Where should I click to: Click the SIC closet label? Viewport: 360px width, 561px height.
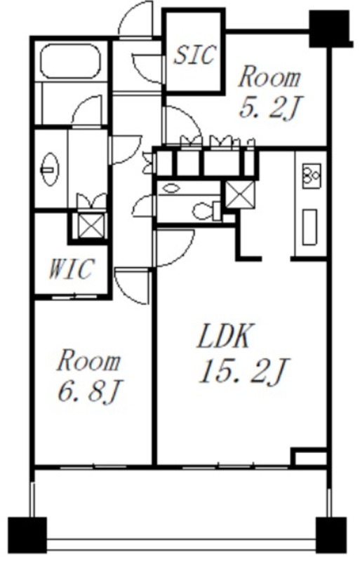coord(195,55)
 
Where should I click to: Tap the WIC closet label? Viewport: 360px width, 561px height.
coord(72,269)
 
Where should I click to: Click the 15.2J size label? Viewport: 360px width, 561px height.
coord(244,371)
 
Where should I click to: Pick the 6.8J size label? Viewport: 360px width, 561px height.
coord(90,391)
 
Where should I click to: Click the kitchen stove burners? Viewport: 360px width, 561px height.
coord(312,176)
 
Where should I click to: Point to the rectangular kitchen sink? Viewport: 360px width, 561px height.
coord(309,227)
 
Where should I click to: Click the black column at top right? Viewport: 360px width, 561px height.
coord(330,29)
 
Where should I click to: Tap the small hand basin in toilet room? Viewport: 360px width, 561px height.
coord(172,188)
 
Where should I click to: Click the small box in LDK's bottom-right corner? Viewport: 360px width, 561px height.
coord(310,457)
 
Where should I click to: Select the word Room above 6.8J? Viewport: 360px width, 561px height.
coord(88,361)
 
